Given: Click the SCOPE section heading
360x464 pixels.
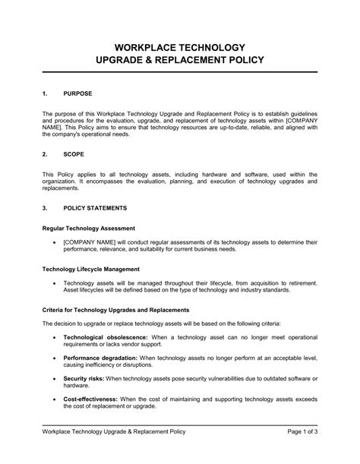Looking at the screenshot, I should click(x=74, y=153).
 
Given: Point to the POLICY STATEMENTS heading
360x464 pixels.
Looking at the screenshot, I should click(x=95, y=207).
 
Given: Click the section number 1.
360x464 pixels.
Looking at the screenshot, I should click(x=45, y=93).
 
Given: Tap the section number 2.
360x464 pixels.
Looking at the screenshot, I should click(x=45, y=153).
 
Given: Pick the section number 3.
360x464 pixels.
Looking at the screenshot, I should click(x=45, y=207).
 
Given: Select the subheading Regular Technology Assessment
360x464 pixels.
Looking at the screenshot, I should click(x=88, y=228).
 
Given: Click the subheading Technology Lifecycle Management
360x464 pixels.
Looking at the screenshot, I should click(x=93, y=268).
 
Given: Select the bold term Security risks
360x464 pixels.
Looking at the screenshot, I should click(x=84, y=377).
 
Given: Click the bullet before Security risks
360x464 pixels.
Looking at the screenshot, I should click(x=55, y=377).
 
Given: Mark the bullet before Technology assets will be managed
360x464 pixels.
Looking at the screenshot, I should click(x=55, y=282).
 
